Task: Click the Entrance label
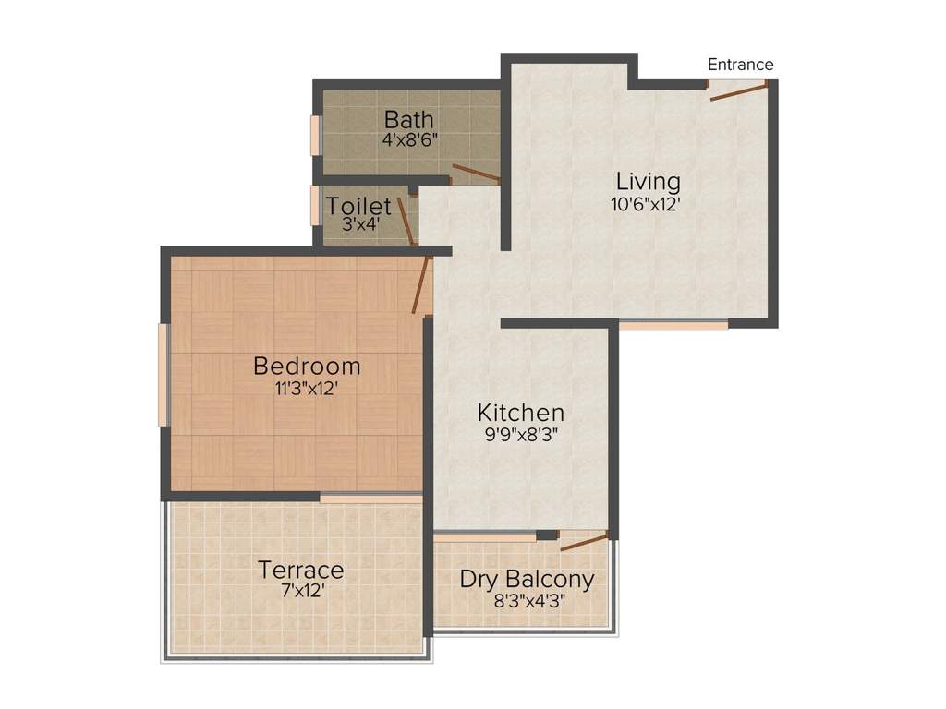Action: click(x=740, y=65)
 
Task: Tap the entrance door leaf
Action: click(x=738, y=90)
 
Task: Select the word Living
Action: click(x=649, y=181)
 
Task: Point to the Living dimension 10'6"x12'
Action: click(x=646, y=205)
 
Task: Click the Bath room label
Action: click(x=409, y=120)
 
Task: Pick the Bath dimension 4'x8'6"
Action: click(x=409, y=141)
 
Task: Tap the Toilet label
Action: click(x=358, y=207)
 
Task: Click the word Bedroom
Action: click(x=307, y=367)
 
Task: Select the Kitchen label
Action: click(x=520, y=412)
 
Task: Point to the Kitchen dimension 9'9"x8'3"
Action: click(x=520, y=433)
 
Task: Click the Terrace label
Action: click(x=301, y=570)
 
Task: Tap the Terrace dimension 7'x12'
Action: click(x=301, y=591)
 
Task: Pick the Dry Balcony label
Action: click(x=527, y=580)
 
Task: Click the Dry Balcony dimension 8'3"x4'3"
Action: click(x=529, y=599)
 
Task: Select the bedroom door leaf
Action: click(x=422, y=287)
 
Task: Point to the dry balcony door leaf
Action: click(x=584, y=541)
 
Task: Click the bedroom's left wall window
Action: click(x=164, y=375)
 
